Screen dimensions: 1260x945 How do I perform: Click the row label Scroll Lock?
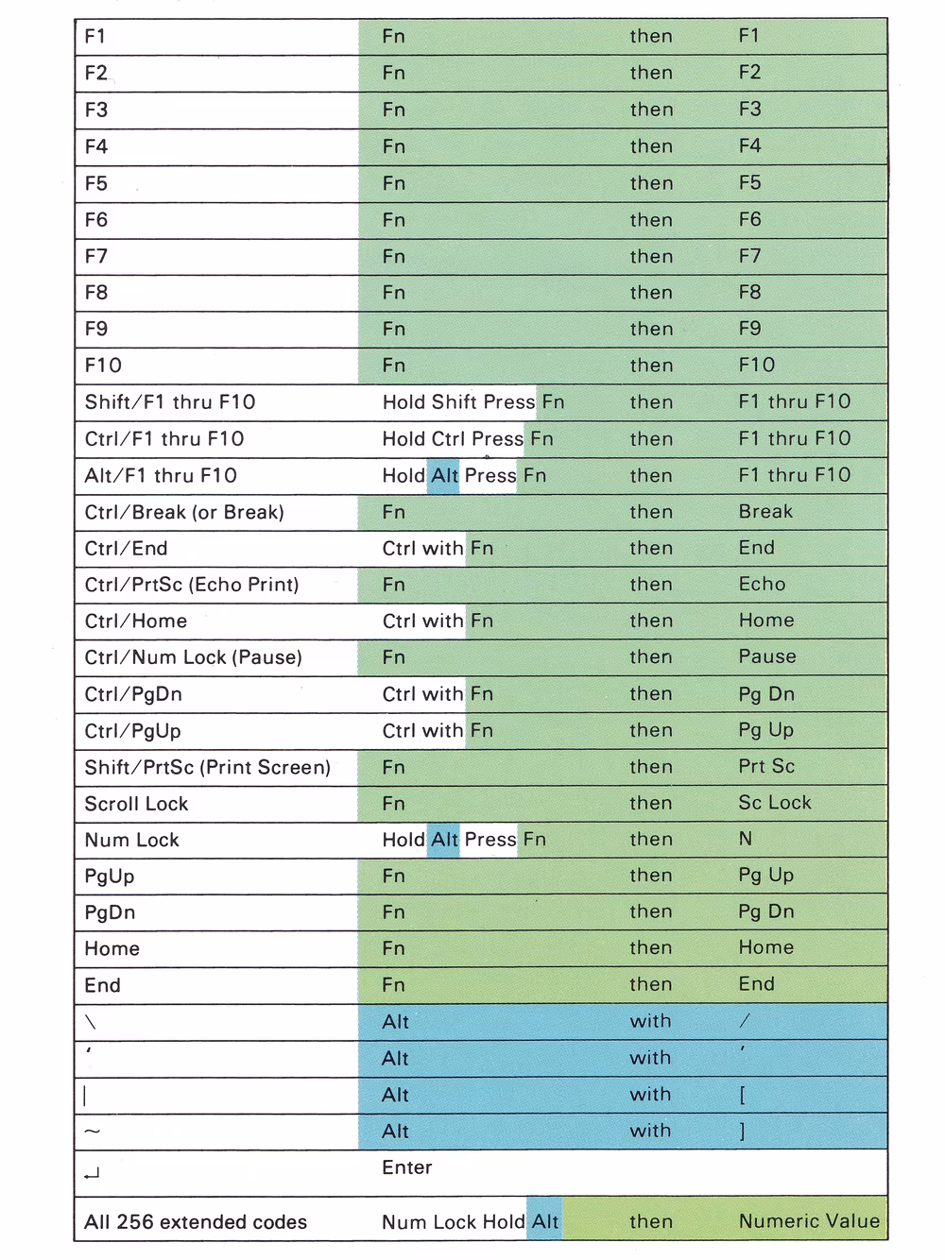136,804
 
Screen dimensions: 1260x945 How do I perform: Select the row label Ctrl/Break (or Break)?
184,513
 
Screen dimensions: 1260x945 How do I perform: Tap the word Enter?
406,1167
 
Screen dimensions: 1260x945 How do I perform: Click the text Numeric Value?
809,1221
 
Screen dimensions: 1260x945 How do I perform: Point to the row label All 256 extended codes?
196,1222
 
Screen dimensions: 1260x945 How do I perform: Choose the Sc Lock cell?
775,803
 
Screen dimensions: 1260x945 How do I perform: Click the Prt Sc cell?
766,766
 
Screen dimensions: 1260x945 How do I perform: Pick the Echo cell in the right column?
762,584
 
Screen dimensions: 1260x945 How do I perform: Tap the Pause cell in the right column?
767,656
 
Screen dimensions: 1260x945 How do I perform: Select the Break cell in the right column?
765,512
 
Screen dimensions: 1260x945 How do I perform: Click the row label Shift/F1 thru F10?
170,402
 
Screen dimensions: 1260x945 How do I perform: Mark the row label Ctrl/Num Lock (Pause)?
193,657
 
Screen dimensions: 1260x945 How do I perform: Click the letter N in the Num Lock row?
746,839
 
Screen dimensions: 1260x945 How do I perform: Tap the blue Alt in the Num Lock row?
444,840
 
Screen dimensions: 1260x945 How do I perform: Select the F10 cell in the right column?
756,366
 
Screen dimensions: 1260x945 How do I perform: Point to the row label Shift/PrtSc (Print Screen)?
207,767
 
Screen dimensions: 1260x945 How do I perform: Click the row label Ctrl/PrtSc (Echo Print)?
192,585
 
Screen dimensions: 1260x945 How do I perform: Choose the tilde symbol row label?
92,1132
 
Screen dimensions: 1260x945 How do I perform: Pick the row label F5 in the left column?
95,183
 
